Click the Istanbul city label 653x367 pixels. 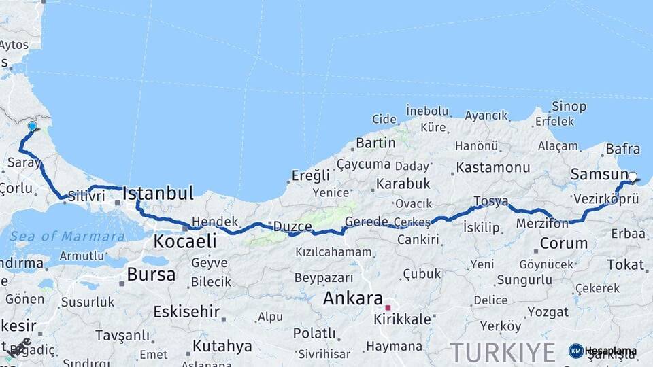[x=158, y=193]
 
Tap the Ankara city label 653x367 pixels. [x=352, y=298]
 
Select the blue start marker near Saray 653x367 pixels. [x=32, y=126]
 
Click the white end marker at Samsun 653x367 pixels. [x=633, y=177]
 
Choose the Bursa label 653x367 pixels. [x=151, y=275]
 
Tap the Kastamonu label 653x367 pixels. [x=493, y=167]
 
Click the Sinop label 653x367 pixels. [x=569, y=106]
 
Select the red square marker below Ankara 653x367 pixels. [x=388, y=307]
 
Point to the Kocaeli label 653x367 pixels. [x=185, y=241]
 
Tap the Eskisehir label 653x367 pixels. [x=186, y=312]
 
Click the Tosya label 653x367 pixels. [x=490, y=201]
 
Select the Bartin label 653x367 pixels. [x=375, y=143]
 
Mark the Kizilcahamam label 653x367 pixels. [x=333, y=252]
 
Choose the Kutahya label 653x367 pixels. [x=222, y=346]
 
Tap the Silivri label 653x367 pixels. [x=86, y=196]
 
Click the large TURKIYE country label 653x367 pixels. [x=503, y=353]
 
